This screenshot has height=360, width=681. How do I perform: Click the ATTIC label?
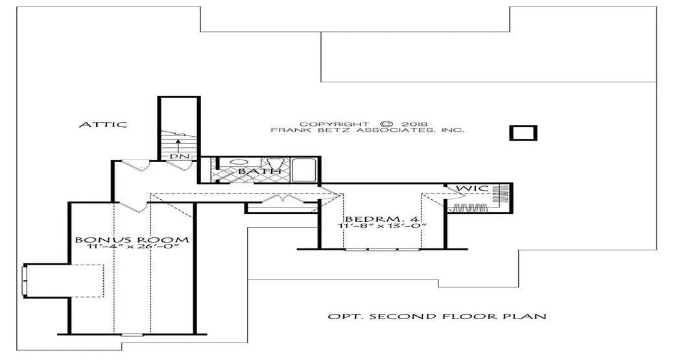pyautogui.click(x=102, y=125)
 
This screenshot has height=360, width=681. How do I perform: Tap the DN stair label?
pyautogui.click(x=176, y=156)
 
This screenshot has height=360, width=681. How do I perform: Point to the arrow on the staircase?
pyautogui.click(x=177, y=145)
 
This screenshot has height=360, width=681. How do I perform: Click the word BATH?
pyautogui.click(x=259, y=171)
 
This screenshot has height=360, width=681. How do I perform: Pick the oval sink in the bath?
pyautogui.click(x=239, y=162)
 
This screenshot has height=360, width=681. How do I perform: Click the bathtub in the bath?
pyautogui.click(x=305, y=170)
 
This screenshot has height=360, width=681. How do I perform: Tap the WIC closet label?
pyautogui.click(x=473, y=189)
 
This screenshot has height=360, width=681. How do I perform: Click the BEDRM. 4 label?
pyautogui.click(x=383, y=219)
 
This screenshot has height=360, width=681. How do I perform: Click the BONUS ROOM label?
pyautogui.click(x=132, y=240)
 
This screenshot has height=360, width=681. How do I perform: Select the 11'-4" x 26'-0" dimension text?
pyautogui.click(x=134, y=247)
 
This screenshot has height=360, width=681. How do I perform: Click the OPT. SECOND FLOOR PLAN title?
pyautogui.click(x=437, y=316)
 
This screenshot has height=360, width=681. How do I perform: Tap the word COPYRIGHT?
pyautogui.click(x=334, y=124)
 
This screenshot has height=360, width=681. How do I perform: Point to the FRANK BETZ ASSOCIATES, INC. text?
pyautogui.click(x=368, y=130)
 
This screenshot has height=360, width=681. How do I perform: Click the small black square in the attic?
pyautogui.click(x=523, y=133)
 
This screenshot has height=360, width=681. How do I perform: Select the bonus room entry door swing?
pyautogui.click(x=132, y=207)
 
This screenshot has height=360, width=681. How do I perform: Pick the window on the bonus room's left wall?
pyautogui.click(x=25, y=280)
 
